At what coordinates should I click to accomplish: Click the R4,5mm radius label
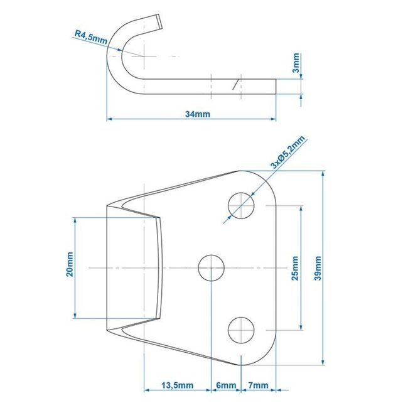[90, 39]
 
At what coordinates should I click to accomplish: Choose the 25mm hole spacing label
[295, 269]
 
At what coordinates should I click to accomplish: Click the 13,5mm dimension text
[178, 385]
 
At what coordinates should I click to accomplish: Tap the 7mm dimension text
[259, 385]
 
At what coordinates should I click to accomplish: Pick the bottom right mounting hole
[242, 330]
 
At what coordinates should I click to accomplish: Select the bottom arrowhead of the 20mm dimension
[75, 318]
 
